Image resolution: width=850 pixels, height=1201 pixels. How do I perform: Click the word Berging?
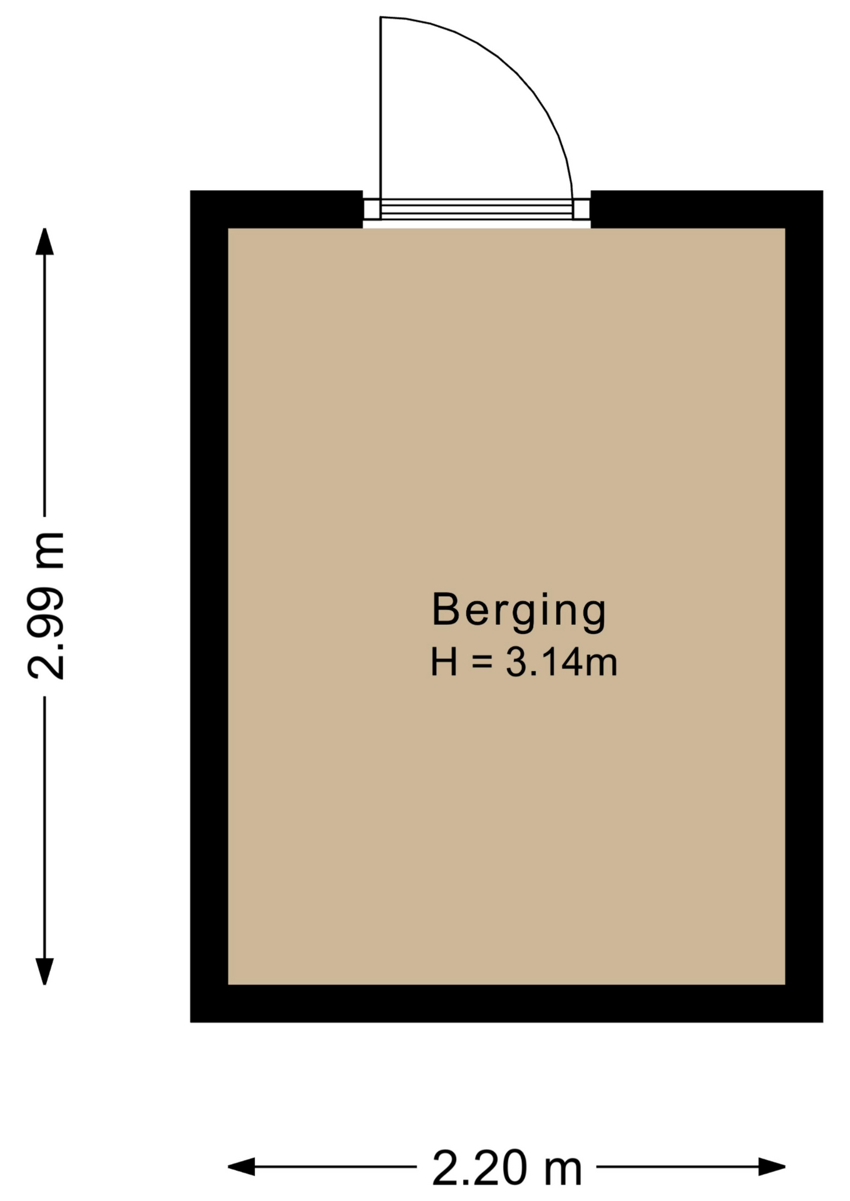(x=519, y=611)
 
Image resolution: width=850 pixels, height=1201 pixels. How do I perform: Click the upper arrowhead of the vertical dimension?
(x=44, y=241)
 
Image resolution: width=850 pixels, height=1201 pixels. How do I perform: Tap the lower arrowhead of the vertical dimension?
(x=44, y=971)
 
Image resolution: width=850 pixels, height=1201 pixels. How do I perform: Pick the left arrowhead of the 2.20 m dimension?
(x=242, y=1167)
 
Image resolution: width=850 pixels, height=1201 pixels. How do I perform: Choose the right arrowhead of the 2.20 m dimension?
(x=772, y=1167)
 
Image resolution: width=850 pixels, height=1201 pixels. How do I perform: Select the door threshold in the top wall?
(x=477, y=210)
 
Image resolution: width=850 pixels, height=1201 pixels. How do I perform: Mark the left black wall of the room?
(x=209, y=606)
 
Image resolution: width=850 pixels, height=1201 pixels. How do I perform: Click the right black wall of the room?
(x=804, y=606)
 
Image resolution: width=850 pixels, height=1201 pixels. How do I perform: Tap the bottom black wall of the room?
(x=506, y=1003)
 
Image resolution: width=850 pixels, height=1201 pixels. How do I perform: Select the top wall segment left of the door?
(x=277, y=209)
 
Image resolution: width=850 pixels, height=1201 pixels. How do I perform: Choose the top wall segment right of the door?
(x=707, y=209)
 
